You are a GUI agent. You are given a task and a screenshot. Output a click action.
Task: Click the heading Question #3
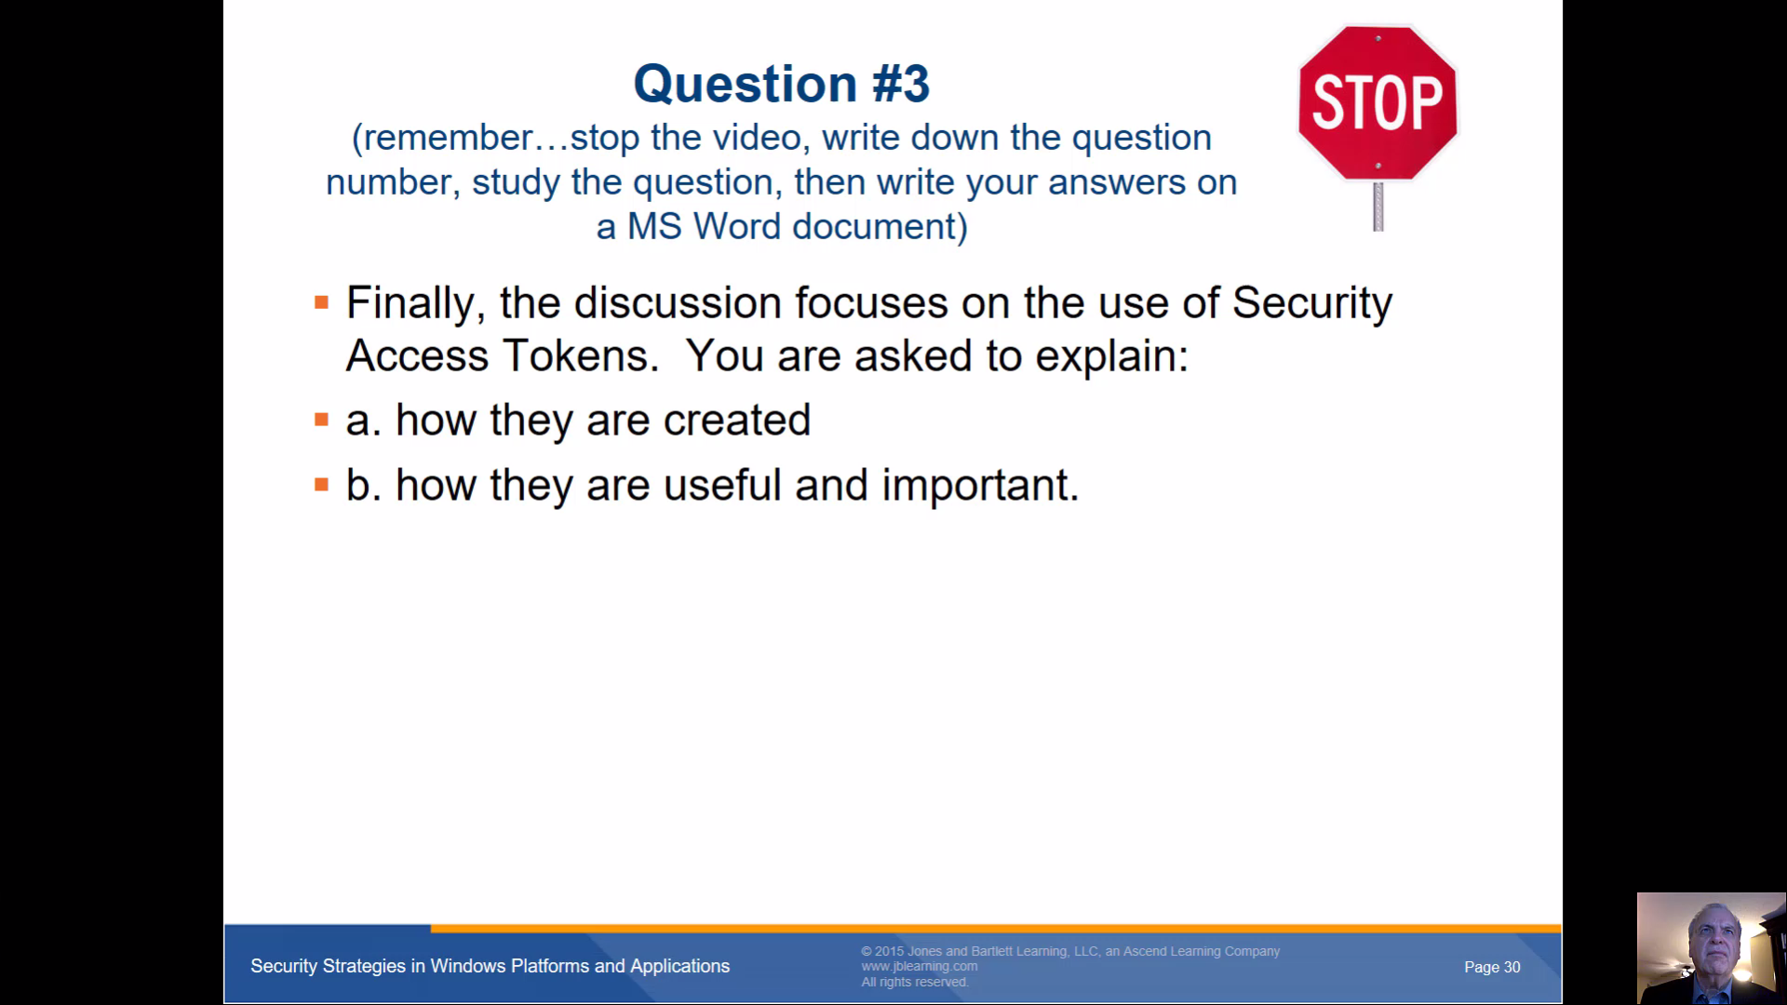[x=782, y=84]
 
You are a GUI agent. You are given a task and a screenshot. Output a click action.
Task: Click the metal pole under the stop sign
[x=1378, y=206]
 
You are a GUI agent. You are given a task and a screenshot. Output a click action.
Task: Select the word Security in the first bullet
[x=1312, y=304]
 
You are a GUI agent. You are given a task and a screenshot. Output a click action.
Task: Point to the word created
[x=737, y=421]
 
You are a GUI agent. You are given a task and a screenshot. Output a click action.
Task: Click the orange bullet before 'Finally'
[x=322, y=302]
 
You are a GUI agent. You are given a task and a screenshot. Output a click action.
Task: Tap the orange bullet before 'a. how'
[x=322, y=420]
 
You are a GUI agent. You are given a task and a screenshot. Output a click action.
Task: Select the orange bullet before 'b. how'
[x=322, y=484]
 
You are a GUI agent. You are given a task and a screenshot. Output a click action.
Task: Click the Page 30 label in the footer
[x=1492, y=967]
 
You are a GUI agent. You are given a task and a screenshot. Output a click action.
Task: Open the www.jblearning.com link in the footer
[x=920, y=966]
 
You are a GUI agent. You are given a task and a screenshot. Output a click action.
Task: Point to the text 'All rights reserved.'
[x=915, y=982]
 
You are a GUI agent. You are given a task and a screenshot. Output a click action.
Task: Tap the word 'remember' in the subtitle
[x=448, y=138]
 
